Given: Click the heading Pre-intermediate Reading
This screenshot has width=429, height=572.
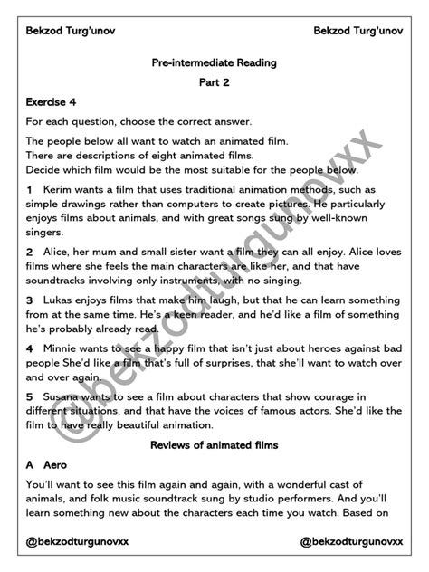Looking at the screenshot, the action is pyautogui.click(x=214, y=62).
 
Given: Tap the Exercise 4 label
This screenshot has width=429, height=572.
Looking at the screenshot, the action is pyautogui.click(x=51, y=102).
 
